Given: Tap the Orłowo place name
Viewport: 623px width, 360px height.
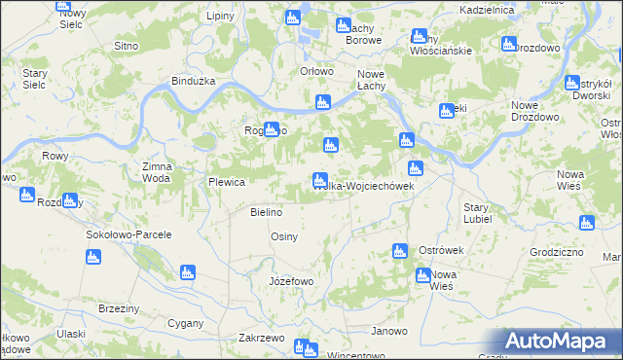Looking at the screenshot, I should [317, 71].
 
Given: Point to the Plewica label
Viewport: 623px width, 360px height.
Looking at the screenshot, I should [226, 182].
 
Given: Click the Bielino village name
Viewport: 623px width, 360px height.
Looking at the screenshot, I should [266, 212].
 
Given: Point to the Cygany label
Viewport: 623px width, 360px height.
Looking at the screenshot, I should [185, 322].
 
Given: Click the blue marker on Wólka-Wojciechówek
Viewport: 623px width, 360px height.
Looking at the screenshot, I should [319, 181].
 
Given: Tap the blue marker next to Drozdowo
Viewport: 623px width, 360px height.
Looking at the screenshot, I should [508, 44].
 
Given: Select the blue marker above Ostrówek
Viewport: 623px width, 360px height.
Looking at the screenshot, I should [399, 252].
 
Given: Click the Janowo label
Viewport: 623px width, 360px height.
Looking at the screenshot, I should [389, 332].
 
